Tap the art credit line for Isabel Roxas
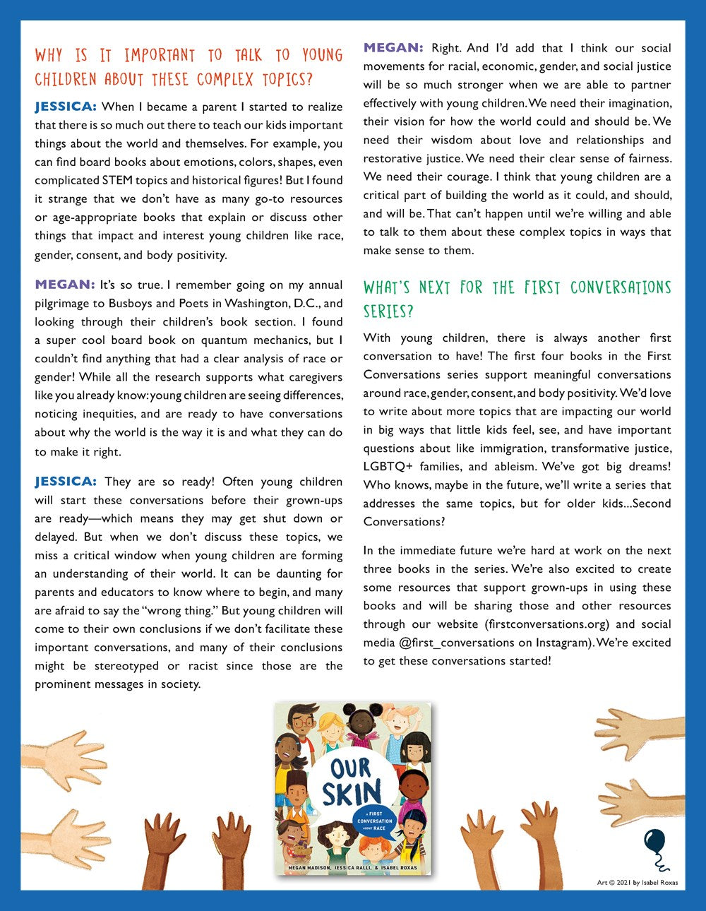point(637,882)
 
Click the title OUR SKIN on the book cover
point(351,782)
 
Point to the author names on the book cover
point(352,867)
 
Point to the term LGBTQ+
point(388,467)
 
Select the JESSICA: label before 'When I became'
point(65,107)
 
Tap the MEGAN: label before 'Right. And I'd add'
point(393,48)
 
